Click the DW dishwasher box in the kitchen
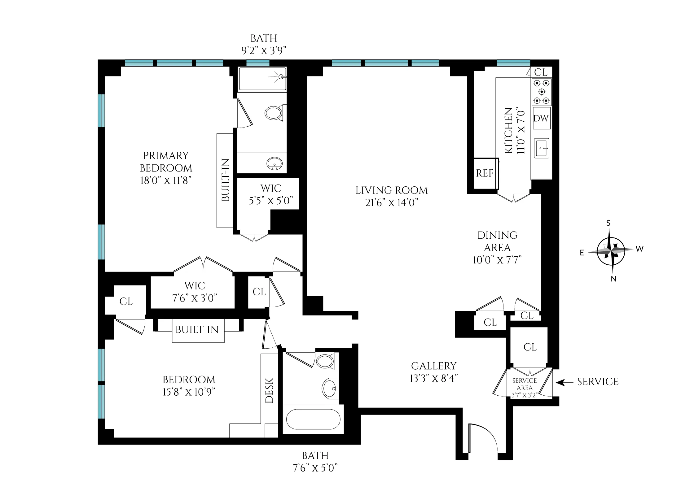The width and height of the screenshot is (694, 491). (x=541, y=118)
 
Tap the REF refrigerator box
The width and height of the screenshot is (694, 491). (x=485, y=173)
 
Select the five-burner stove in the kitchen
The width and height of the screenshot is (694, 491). (x=542, y=92)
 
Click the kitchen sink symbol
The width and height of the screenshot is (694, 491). (x=542, y=148)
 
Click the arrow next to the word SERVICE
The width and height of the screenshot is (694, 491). (x=564, y=383)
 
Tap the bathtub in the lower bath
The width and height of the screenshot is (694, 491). (x=313, y=419)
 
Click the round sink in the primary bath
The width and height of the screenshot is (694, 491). (x=275, y=163)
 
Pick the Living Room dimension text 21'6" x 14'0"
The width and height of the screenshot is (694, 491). (x=392, y=203)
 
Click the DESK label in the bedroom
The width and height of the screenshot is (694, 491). (x=270, y=390)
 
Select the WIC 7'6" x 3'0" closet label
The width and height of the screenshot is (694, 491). (x=195, y=292)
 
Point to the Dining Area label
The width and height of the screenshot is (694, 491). (x=497, y=241)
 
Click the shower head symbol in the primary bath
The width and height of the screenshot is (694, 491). (x=281, y=77)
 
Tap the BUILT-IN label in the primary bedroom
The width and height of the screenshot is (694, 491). (x=226, y=180)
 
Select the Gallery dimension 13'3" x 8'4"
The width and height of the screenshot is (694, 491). (x=434, y=378)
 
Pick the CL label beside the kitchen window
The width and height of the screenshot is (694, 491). (x=541, y=72)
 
